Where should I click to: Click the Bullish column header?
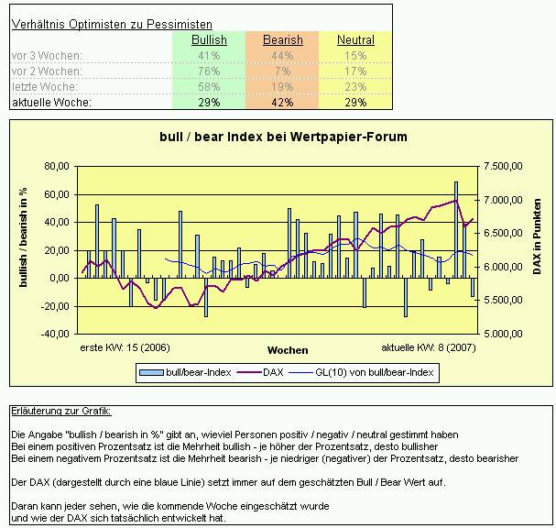(x=209, y=40)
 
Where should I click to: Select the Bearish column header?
(x=282, y=40)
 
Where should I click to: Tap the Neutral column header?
(x=355, y=40)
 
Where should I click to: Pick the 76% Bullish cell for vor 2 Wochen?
(x=209, y=71)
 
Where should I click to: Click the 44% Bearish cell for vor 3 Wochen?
(x=282, y=56)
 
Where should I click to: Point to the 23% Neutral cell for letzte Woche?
(x=355, y=87)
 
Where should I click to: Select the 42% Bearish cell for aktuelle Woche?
(x=282, y=103)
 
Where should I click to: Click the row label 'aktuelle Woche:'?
(x=51, y=103)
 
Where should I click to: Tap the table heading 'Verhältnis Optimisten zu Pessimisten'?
(x=112, y=24)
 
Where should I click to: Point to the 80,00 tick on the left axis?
(x=57, y=167)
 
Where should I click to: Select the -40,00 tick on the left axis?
(x=55, y=335)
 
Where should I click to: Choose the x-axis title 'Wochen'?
(x=288, y=350)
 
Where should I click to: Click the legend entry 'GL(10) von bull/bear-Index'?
(x=374, y=372)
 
